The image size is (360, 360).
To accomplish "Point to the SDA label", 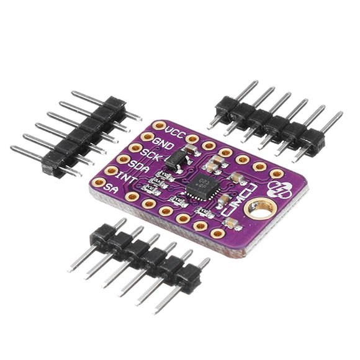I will [x=140, y=166].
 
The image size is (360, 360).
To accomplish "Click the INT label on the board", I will [x=128, y=178].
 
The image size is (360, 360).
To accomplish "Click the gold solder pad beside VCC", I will [x=160, y=125].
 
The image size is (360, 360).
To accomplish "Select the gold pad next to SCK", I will [x=135, y=148].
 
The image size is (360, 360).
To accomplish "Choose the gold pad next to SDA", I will [x=124, y=159].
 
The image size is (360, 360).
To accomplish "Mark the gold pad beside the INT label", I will [x=111, y=170].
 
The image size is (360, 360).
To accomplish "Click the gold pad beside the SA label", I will [x=99, y=182].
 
